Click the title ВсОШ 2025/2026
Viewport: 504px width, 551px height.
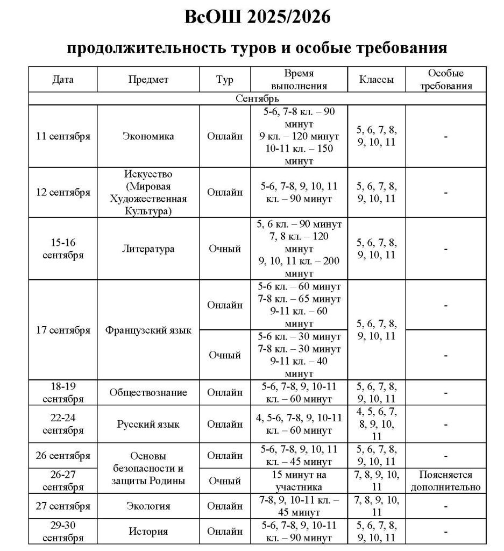pyautogui.click(x=257, y=17)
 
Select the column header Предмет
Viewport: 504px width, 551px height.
pyautogui.click(x=148, y=80)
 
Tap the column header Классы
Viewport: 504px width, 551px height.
pyautogui.click(x=377, y=80)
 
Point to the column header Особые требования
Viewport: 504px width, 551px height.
pyautogui.click(x=446, y=80)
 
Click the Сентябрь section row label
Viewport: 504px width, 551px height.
pyautogui.click(x=257, y=99)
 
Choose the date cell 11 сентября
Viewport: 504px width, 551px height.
pyautogui.click(x=63, y=136)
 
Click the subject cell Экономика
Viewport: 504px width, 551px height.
pyautogui.click(x=148, y=136)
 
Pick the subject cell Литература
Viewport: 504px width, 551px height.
pyautogui.click(x=148, y=249)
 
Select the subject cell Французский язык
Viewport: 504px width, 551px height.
pyautogui.click(x=148, y=330)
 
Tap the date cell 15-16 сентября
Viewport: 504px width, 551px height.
pyautogui.click(x=63, y=249)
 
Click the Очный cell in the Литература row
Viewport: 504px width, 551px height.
pyautogui.click(x=225, y=249)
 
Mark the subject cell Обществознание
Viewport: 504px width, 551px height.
pyautogui.click(x=148, y=393)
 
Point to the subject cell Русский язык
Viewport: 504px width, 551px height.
pyautogui.click(x=148, y=424)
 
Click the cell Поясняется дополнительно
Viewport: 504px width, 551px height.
pyautogui.click(x=446, y=481)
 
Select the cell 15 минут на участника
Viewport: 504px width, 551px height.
pyautogui.click(x=299, y=481)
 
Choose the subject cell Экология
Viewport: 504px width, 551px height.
pyautogui.click(x=148, y=506)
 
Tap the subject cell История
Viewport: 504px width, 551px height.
pyautogui.click(x=148, y=532)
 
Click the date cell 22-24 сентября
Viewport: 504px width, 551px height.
pyautogui.click(x=63, y=424)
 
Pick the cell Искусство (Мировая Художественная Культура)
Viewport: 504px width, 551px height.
pyautogui.click(x=148, y=192)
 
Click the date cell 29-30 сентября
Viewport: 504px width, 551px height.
pyautogui.click(x=63, y=532)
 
